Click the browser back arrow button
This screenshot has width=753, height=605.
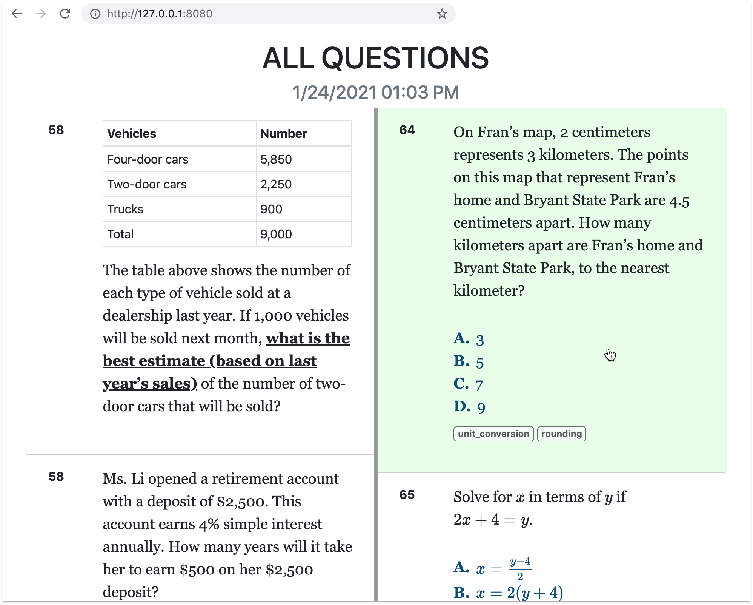click(17, 14)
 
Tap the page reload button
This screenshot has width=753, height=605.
click(65, 14)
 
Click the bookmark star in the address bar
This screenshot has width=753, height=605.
click(442, 14)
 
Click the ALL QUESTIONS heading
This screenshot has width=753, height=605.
click(375, 58)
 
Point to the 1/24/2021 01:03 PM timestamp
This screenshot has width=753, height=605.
click(375, 93)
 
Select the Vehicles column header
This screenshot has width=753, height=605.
click(132, 134)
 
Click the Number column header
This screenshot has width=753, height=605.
click(284, 134)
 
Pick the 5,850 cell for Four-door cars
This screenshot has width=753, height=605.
click(276, 159)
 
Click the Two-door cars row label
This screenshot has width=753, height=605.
click(147, 184)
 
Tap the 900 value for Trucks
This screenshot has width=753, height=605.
click(271, 209)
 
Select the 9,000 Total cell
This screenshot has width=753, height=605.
click(276, 234)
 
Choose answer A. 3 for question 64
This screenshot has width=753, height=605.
click(469, 339)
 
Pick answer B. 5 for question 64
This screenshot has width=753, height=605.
click(469, 362)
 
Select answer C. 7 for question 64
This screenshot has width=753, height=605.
click(468, 384)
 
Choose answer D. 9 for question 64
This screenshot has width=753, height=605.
click(469, 407)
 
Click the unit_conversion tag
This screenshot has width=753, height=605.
click(493, 434)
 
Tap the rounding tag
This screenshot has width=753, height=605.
click(561, 434)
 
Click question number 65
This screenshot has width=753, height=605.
click(407, 495)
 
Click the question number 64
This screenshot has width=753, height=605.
click(407, 130)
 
